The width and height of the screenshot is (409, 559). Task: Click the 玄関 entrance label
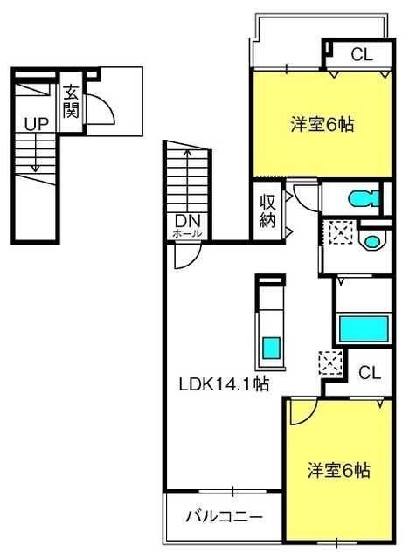71,102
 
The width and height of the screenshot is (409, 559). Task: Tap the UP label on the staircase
37,124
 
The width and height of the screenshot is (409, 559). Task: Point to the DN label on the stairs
188,221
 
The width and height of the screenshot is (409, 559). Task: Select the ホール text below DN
187,234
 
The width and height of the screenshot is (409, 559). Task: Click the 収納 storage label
267,211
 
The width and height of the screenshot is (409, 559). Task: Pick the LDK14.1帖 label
224,384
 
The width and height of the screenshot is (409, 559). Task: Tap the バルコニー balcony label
225,516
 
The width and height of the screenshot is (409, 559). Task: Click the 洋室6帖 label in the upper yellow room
322,125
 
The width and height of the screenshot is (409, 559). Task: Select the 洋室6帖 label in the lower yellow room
339,470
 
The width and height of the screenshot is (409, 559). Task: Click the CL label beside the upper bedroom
362,55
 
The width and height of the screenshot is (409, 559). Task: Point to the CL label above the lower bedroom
370,373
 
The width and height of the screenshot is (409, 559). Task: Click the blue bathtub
364,328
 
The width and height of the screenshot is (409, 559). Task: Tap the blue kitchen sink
271,349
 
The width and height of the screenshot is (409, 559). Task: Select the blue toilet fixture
364,198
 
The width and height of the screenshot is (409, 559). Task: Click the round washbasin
372,241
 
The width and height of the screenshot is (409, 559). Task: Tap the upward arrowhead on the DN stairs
187,152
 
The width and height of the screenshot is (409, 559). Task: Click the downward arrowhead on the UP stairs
35,168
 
